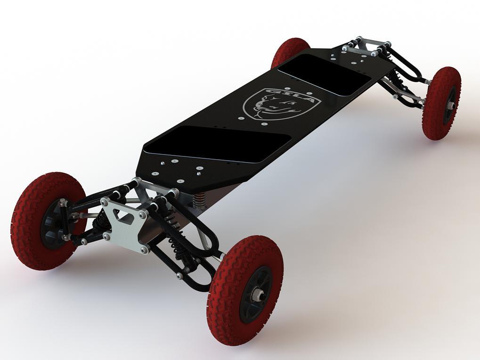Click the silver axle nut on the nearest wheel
(258, 295)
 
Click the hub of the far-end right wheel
(450, 104)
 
